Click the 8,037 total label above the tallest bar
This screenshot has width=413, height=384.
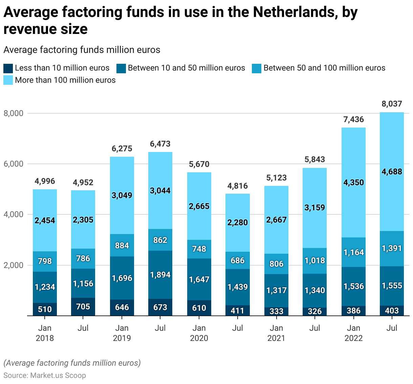coord(392,104)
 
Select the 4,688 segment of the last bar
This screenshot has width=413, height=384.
coord(392,172)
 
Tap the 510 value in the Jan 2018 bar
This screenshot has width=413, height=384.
coord(45,309)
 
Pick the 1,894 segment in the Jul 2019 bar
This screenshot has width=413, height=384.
coord(160,275)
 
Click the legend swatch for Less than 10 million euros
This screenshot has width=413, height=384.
coord(8,68)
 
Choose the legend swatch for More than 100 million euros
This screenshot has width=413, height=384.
coord(8,80)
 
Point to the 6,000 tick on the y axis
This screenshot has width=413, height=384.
coord(14,164)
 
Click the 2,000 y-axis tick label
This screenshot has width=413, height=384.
coord(14,265)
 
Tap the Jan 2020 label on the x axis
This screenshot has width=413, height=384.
coord(199,333)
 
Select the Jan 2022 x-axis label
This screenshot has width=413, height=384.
coord(353,333)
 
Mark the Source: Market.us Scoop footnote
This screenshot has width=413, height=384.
coord(45,376)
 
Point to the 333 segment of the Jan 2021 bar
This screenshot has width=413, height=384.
coord(276,311)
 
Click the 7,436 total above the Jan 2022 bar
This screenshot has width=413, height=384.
coord(353,119)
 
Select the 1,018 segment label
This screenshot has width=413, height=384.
coord(314,261)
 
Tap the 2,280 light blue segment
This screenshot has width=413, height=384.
coord(237,223)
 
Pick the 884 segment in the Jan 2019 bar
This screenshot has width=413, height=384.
coord(122,245)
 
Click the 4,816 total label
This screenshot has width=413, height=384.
coord(237,186)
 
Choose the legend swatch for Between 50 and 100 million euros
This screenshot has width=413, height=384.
coord(257,68)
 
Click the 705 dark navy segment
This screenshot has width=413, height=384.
coord(83,307)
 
